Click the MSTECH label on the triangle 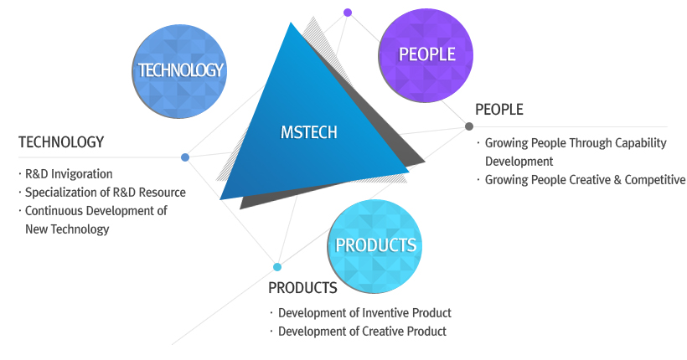[x=309, y=132]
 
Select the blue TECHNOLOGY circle [x=179, y=71]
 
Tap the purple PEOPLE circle [x=426, y=55]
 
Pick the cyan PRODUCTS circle [x=375, y=246]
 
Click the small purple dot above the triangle [x=348, y=13]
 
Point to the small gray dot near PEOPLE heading [x=469, y=126]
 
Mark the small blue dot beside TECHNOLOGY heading [x=185, y=157]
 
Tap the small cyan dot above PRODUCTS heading [x=277, y=267]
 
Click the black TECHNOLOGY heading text [x=61, y=141]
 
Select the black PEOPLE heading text [x=499, y=109]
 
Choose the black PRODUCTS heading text [x=302, y=288]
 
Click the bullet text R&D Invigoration [x=69, y=174]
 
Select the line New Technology [x=67, y=229]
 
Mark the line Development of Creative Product [x=362, y=331]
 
